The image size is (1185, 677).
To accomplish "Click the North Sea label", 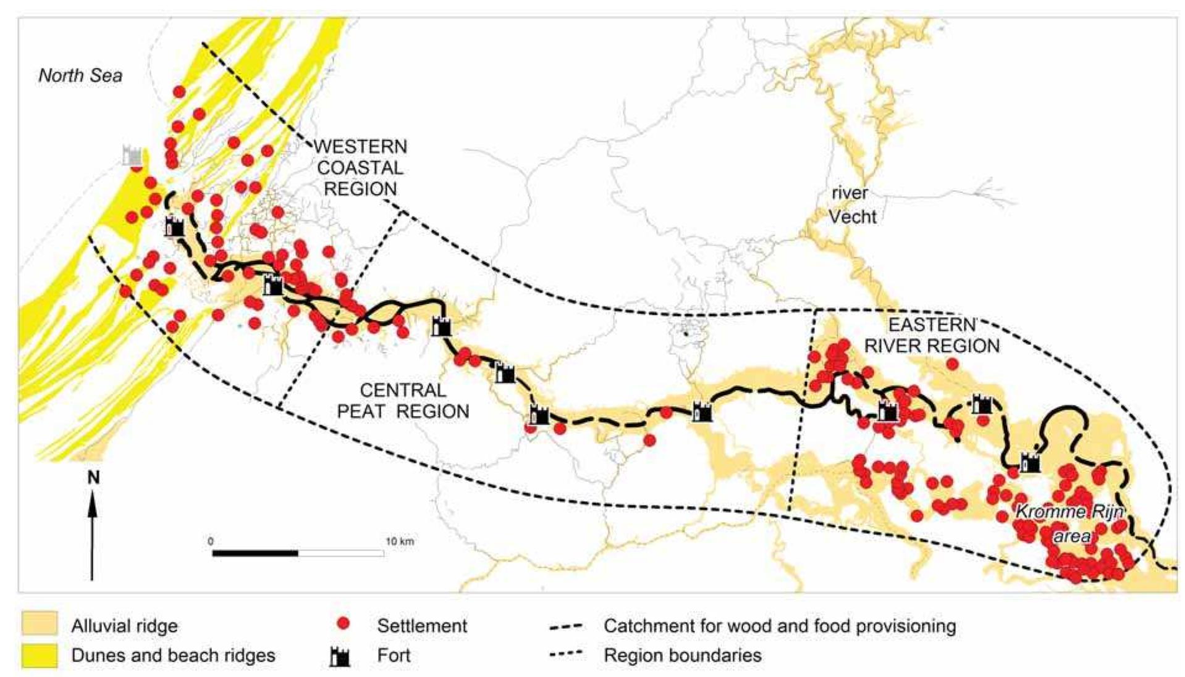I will pyautogui.click(x=80, y=75).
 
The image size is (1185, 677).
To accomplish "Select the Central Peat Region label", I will pyautogui.click(x=403, y=401).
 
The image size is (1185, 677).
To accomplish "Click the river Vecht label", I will pyautogui.click(x=852, y=205).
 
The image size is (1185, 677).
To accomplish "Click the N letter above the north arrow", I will pyautogui.click(x=93, y=477).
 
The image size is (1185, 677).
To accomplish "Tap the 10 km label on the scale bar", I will pyautogui.click(x=400, y=541).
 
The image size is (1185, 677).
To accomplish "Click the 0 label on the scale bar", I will pyautogui.click(x=211, y=541).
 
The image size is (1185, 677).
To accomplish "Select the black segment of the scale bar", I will pyautogui.click(x=255, y=553).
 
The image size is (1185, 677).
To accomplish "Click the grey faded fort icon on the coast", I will pyautogui.click(x=132, y=156).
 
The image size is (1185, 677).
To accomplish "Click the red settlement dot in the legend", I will pyautogui.click(x=344, y=624).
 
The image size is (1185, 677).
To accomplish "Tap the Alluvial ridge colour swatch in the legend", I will pyautogui.click(x=40, y=624).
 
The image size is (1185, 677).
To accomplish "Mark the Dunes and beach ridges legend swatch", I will pyautogui.click(x=40, y=655).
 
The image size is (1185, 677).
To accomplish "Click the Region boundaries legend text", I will pyautogui.click(x=682, y=655).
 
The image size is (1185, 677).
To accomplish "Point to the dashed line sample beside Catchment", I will pyautogui.click(x=566, y=626).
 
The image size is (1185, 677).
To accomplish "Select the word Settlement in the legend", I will pyautogui.click(x=422, y=625).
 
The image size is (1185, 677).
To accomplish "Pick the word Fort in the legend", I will pyautogui.click(x=394, y=655).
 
